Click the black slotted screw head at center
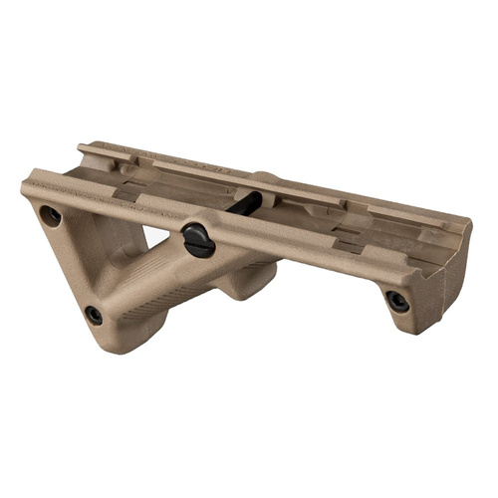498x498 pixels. click(197, 239)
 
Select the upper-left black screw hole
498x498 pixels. click(48, 215)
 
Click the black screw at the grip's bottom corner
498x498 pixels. click(94, 315)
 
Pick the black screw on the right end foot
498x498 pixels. click(396, 301)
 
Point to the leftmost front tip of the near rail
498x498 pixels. click(25, 185)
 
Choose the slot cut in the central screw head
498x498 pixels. click(197, 239)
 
